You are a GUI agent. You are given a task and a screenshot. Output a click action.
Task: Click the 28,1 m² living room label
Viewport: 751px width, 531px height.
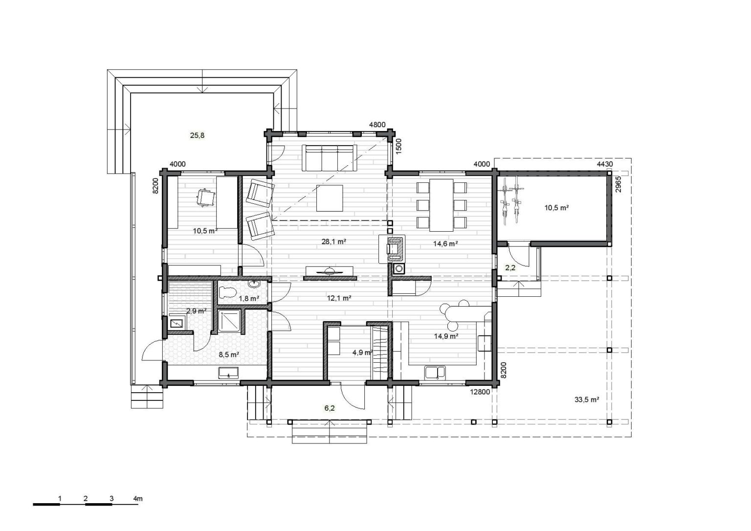[333, 242]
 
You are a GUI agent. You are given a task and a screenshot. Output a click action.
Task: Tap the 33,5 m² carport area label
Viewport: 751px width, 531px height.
[587, 399]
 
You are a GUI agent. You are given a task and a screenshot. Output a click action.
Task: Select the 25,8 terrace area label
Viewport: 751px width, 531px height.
[197, 135]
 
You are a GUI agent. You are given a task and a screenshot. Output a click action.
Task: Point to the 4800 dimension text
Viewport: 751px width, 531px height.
[377, 125]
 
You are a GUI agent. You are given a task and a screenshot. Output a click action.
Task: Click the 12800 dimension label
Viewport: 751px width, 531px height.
[480, 392]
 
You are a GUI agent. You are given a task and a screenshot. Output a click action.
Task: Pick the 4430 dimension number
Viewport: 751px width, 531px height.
[605, 164]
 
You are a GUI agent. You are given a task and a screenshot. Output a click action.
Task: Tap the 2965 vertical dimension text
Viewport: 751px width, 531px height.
[618, 184]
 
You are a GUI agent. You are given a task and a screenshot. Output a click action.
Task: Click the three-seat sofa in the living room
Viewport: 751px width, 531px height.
[329, 158]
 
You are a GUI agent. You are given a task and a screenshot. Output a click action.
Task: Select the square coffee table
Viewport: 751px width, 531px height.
[330, 198]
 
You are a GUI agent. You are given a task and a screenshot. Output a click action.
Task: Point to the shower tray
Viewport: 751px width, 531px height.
[229, 321]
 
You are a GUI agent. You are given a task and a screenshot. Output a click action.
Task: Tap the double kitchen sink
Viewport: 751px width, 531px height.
[435, 373]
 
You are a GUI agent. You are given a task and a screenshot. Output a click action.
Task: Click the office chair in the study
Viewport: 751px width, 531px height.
[205, 198]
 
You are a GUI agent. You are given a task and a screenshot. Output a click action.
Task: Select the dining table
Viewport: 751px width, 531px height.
[442, 205]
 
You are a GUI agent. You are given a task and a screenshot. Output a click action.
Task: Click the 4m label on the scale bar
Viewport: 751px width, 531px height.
[138, 499]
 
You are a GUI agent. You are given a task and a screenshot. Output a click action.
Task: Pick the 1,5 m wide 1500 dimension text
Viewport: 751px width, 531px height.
[398, 147]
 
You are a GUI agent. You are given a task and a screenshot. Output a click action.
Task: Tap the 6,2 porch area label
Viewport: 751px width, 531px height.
[329, 408]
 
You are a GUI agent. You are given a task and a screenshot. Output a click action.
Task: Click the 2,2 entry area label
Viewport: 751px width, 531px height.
[510, 267]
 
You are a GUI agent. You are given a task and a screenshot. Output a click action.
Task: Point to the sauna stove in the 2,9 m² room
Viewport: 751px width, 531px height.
[177, 322]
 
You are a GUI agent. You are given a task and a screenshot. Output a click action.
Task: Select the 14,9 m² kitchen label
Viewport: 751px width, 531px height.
[446, 336]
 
